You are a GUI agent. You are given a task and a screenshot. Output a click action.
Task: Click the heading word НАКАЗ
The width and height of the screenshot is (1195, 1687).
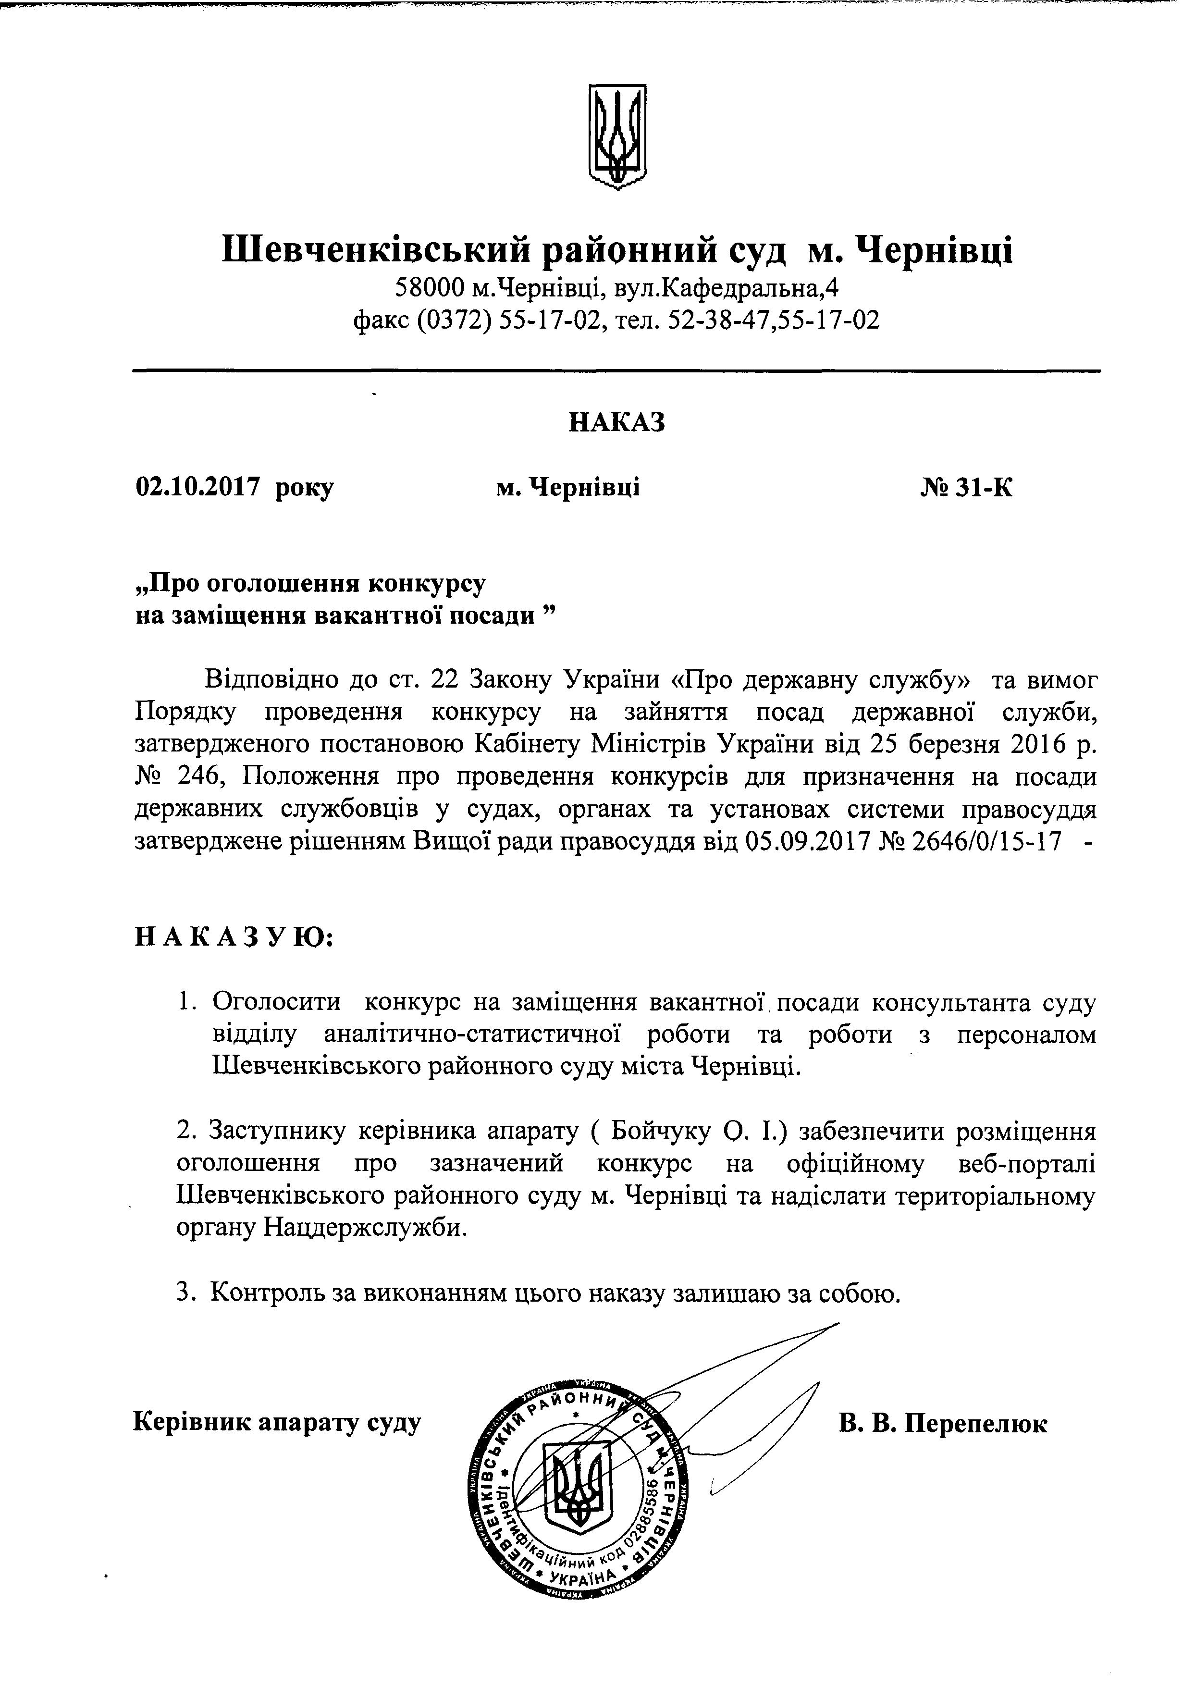coord(616,422)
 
